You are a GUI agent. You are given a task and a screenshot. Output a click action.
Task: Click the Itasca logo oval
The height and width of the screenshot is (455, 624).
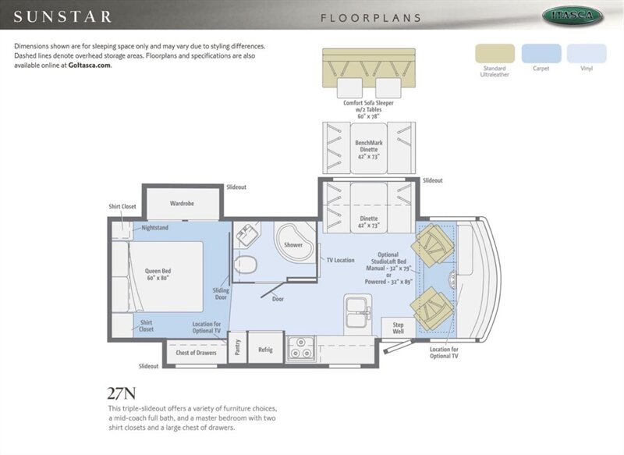[x=573, y=16]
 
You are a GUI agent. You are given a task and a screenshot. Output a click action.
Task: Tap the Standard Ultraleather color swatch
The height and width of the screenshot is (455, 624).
[x=495, y=53]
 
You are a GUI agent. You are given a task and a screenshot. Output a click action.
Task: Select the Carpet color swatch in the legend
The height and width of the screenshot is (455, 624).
[x=541, y=53]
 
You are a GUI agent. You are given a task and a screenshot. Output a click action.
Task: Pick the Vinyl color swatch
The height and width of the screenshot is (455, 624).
[x=587, y=53]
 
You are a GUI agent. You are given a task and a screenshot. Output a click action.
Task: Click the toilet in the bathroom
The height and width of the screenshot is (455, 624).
[x=245, y=265]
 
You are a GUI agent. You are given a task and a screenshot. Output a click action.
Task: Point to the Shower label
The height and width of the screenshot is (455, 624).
[x=293, y=245]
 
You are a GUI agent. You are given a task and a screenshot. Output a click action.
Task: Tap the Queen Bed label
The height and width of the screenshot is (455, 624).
[x=158, y=274]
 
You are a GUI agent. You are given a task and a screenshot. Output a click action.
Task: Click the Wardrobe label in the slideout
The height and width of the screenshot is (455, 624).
[x=182, y=204]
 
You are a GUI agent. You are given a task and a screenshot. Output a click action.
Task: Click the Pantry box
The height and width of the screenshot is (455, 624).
[x=238, y=347]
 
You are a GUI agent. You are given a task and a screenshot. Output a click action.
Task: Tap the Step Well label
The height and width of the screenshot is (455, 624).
[x=399, y=328]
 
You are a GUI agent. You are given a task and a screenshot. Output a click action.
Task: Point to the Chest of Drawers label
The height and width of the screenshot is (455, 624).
[x=197, y=353]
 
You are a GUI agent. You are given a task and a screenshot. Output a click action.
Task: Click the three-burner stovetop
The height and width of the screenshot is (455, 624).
[x=300, y=348]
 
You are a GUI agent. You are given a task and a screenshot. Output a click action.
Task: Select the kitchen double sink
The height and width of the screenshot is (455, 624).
[x=358, y=311]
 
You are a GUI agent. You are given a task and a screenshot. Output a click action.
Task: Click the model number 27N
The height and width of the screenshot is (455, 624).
[x=122, y=393]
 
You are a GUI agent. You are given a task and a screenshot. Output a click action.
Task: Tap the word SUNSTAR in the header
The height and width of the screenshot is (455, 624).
[x=62, y=16]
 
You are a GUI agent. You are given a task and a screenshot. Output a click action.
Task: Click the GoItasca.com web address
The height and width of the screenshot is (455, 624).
[x=89, y=66]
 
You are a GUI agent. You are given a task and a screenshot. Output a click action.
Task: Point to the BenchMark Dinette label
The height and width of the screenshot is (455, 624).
[x=369, y=149]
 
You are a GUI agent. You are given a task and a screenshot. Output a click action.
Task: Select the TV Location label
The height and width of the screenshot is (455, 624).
[x=340, y=260]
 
